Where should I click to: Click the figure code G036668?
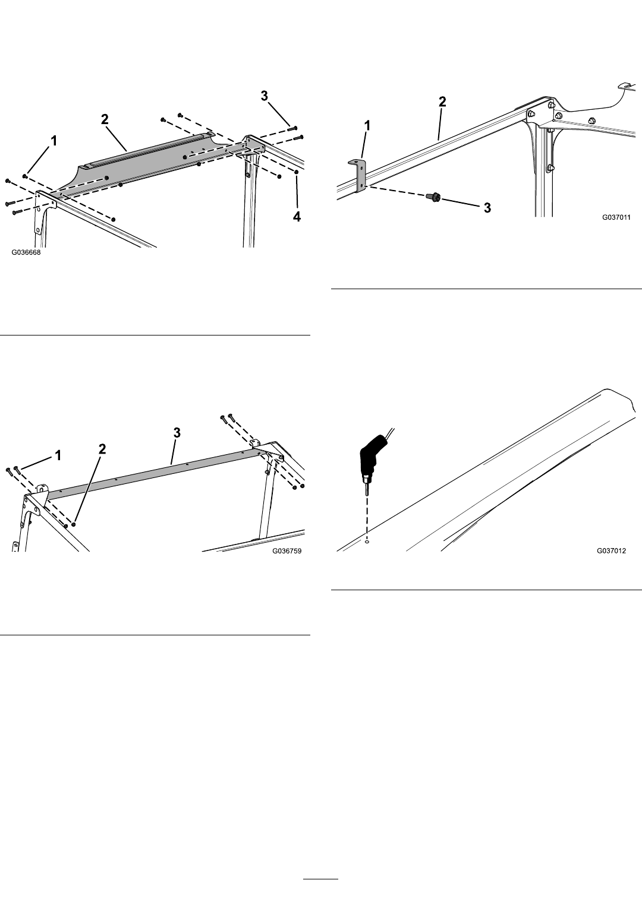click(x=26, y=253)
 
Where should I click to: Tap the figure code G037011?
click(x=616, y=217)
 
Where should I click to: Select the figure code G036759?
click(x=287, y=550)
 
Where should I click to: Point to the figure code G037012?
click(x=611, y=550)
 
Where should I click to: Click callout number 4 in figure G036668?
click(x=297, y=217)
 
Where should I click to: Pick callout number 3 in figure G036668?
click(x=264, y=96)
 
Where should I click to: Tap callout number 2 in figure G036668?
click(x=105, y=119)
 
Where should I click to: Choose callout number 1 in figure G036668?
click(x=53, y=141)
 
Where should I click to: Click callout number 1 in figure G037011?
click(x=367, y=126)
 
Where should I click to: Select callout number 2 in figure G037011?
click(x=442, y=102)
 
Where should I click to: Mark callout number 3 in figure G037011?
click(x=487, y=208)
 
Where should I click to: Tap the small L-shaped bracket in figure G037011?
click(x=359, y=175)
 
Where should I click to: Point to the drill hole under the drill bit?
click(x=367, y=542)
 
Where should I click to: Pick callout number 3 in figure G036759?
click(x=177, y=433)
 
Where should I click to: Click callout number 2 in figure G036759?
click(x=102, y=449)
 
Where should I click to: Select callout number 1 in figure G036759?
click(x=58, y=455)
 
